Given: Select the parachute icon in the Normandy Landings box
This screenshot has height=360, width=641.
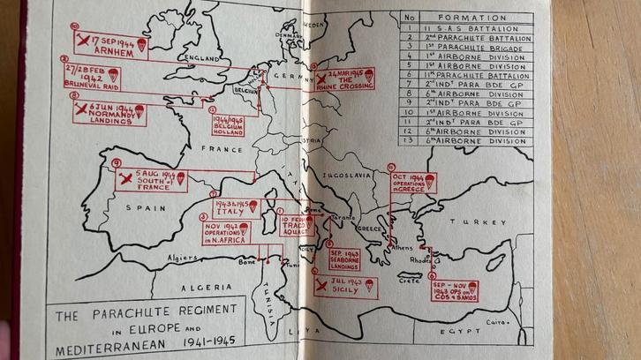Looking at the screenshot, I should (x=139, y=111).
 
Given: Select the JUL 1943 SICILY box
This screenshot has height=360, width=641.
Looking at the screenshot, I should (x=345, y=286).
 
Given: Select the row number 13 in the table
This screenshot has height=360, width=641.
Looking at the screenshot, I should (x=409, y=140).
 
